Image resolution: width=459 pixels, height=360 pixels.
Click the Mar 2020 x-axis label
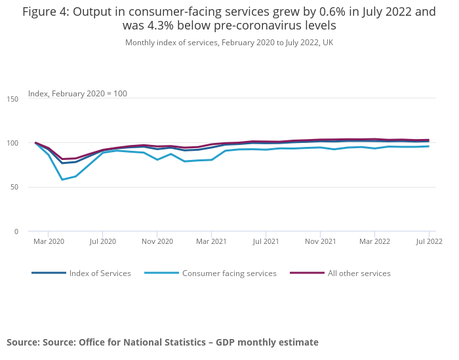[x=49, y=242]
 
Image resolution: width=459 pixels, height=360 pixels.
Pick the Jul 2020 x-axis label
[x=102, y=242]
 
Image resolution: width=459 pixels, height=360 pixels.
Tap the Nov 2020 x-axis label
[x=157, y=242]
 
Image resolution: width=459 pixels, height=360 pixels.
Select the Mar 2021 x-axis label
[x=211, y=242]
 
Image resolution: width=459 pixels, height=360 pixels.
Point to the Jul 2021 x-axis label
[x=266, y=242]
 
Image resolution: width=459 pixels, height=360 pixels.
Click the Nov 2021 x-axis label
[x=320, y=242]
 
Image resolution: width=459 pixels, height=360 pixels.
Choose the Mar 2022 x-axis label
[x=374, y=242]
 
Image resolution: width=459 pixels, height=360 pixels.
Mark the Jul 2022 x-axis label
[x=429, y=242]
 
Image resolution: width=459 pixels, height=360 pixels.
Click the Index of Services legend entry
[x=100, y=273]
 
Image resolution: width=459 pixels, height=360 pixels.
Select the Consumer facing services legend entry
[x=229, y=273]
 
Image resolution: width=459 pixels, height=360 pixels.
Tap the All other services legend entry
[x=359, y=273]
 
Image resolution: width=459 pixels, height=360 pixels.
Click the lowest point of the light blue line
[x=62, y=180]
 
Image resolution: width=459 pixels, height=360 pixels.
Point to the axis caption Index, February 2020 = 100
[x=77, y=94]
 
